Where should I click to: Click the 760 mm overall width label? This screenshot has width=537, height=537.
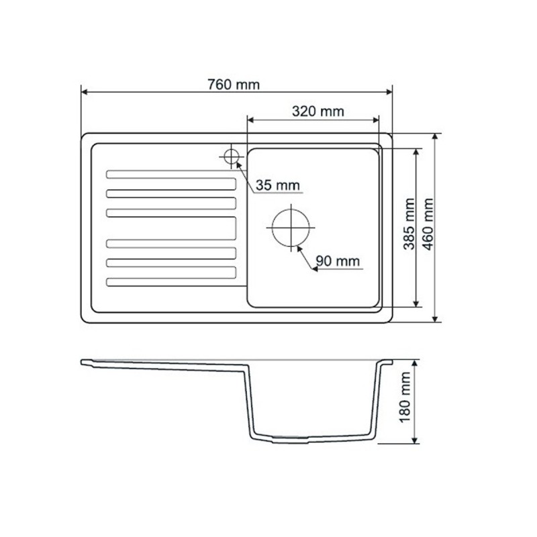[233, 85]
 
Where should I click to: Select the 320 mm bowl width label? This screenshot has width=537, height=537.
[318, 111]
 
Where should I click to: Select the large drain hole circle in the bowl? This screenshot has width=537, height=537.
[291, 226]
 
